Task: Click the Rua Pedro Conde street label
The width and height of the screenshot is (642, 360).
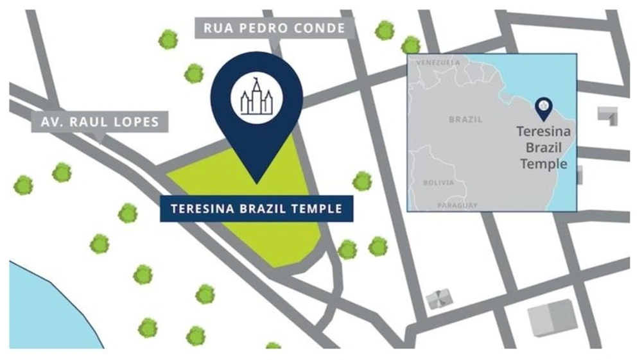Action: (274, 28)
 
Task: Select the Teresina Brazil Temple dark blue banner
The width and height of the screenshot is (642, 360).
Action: (256, 209)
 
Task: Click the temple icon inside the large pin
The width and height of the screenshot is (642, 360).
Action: (256, 97)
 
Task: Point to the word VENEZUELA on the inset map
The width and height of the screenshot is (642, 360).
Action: (438, 63)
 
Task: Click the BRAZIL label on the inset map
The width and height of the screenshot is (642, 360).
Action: (465, 119)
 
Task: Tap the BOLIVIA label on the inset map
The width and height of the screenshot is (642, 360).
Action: (438, 183)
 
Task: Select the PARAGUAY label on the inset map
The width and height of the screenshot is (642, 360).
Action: (457, 205)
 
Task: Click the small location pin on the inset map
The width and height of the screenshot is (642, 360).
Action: (544, 110)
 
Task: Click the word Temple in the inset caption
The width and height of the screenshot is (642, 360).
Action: (543, 163)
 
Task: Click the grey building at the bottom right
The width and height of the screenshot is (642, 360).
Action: (548, 318)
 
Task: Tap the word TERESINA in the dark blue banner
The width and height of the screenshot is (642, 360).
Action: (202, 209)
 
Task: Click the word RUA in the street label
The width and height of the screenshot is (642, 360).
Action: (216, 28)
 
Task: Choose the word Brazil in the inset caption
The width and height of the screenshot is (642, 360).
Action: (543, 148)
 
